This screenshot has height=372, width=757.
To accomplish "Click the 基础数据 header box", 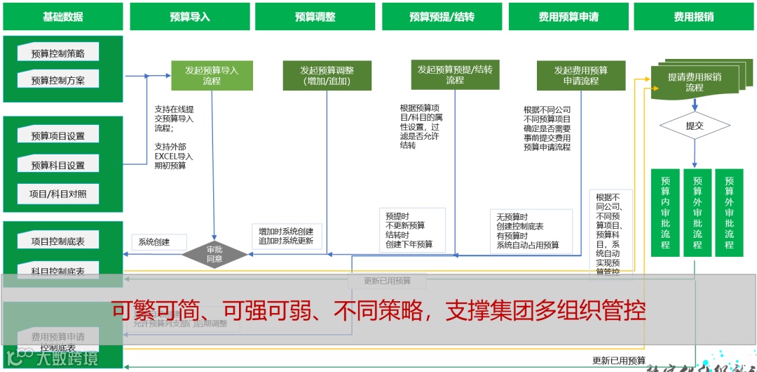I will coord(63,17).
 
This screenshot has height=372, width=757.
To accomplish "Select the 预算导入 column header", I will coord(189,17).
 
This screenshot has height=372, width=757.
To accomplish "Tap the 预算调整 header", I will coord(315,17).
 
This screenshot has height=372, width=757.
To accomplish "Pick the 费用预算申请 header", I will coord(568,17).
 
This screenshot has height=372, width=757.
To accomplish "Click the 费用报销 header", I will coord(694,17).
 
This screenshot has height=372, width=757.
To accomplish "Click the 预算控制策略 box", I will coord(58,53).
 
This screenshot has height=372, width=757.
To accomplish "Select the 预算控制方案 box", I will coord(58,80).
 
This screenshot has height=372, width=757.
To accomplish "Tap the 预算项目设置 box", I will coord(58,136).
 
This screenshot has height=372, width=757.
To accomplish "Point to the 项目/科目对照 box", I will coord(58,194).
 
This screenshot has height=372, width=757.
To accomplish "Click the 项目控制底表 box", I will coord(58,241).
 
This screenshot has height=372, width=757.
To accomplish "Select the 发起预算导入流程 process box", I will coord(212,76).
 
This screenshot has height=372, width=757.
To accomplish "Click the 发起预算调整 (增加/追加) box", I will coord(327,76).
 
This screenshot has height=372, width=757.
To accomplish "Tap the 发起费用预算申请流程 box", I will coord(580,76).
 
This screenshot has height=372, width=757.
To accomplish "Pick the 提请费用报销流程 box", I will coord(695,82).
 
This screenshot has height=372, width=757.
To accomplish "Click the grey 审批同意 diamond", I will coord(214,254).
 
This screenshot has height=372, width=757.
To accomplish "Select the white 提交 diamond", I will coord(695,126).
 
